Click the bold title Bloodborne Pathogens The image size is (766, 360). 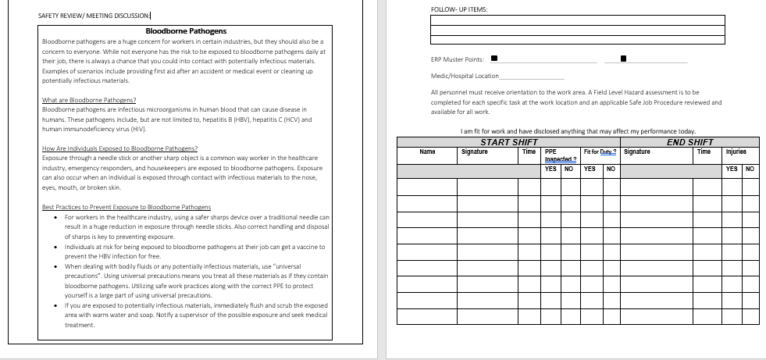186,31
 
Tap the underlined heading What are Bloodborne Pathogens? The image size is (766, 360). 88,100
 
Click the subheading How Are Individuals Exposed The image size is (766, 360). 119,148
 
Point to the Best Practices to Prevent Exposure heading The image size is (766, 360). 116,207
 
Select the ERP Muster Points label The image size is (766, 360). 457,59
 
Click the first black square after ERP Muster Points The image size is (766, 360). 493,59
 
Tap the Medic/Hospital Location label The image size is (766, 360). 465,76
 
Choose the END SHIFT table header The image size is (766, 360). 689,142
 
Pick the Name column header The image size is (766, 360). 427,151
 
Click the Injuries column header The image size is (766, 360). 736,151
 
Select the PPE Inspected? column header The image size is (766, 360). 555,155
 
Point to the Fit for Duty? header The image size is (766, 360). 600,151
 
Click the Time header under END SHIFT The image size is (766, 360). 704,151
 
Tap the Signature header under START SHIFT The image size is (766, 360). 474,151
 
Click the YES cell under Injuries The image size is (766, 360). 732,169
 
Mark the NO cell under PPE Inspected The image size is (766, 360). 569,169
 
